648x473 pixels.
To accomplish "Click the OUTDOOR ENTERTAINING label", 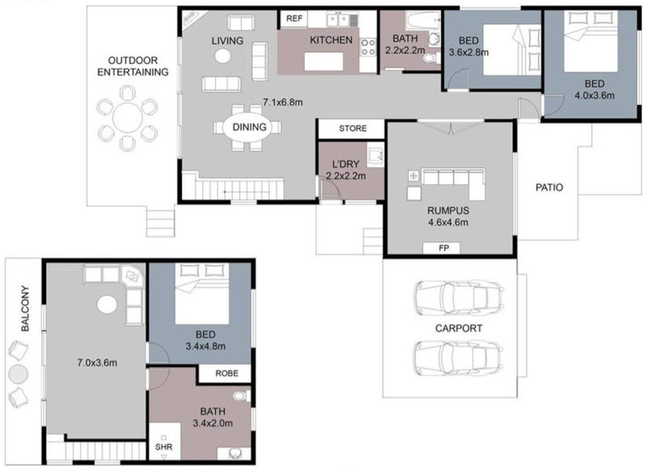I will [x=133, y=65].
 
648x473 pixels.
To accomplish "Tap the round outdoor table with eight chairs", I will [x=127, y=119].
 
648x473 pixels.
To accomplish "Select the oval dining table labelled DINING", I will [x=249, y=127].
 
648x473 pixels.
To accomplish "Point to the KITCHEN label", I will [x=330, y=40].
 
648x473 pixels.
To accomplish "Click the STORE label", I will [x=352, y=129].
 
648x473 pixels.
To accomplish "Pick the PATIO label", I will [x=549, y=188].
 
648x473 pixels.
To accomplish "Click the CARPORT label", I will [x=458, y=328].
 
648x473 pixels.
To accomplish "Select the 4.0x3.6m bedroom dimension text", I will [x=594, y=95].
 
